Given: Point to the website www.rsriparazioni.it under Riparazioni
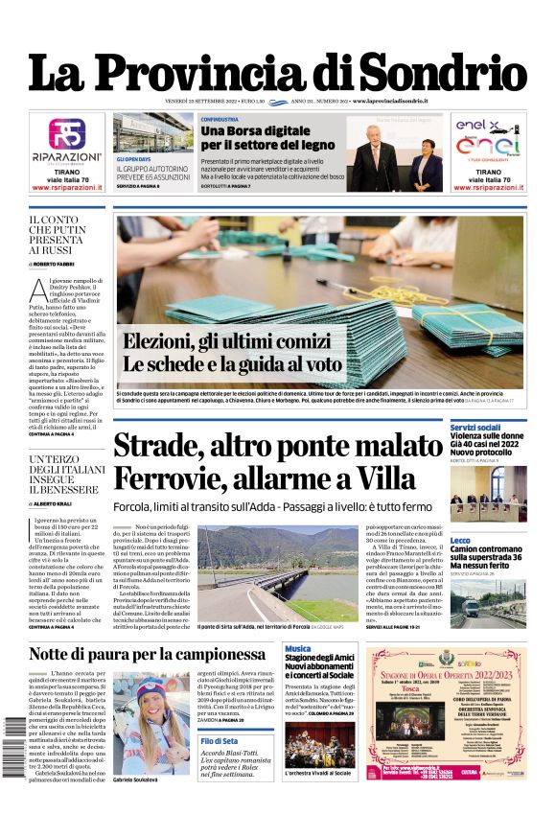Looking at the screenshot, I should click(x=67, y=188).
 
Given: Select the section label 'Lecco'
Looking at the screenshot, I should click(x=460, y=541).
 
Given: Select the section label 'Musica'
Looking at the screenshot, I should click(x=297, y=649).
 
